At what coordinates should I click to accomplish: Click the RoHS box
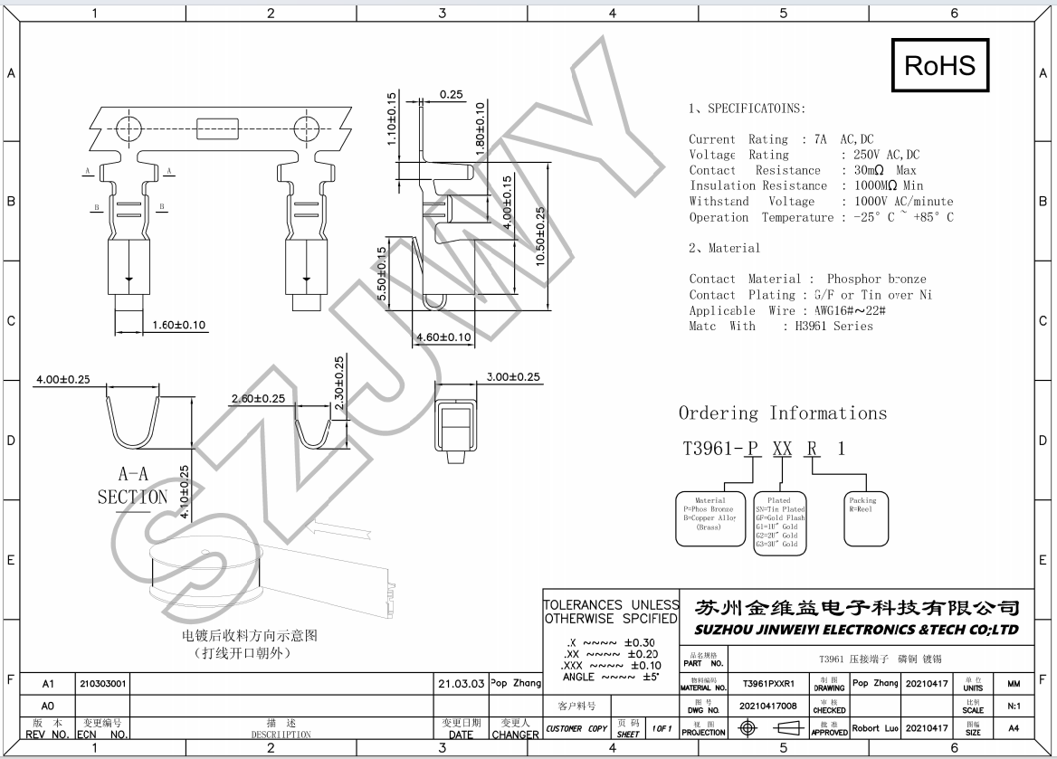940,66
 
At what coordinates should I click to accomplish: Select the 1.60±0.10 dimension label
179,325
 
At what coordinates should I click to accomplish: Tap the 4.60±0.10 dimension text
443,337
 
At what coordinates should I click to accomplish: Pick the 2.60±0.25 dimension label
258,398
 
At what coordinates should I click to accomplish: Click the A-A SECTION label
132,485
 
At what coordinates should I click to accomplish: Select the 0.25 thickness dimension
451,94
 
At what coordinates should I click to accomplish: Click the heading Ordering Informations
783,413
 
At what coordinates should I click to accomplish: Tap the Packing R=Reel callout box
869,518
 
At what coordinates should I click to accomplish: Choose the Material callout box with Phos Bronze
709,518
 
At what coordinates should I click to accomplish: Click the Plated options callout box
779,522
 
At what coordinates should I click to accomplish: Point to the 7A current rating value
822,139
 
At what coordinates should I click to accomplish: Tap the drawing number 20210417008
768,706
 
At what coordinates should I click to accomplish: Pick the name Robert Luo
875,727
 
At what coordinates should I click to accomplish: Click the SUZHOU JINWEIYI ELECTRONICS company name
855,630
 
